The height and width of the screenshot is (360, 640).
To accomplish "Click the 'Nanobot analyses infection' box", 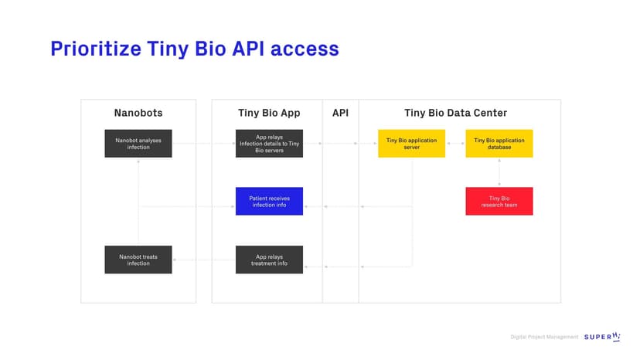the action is [x=138, y=143].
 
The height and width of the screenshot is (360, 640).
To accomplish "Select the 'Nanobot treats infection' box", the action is [x=138, y=260].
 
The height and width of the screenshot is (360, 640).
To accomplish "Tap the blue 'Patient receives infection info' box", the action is [x=270, y=201].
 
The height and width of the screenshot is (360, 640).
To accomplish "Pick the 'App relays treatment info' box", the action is [x=270, y=260].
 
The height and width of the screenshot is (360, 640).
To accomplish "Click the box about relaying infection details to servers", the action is [x=270, y=143].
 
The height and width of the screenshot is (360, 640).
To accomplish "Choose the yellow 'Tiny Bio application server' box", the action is [x=411, y=143].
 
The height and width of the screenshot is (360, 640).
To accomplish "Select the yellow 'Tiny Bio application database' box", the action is [x=499, y=143].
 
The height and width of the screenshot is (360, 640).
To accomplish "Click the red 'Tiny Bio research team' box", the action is [x=499, y=201].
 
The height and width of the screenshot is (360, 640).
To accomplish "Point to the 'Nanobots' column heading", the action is [x=138, y=113].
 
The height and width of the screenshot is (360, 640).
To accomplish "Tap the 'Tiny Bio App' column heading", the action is [x=270, y=113].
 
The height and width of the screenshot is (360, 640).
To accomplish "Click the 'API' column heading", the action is [x=340, y=113].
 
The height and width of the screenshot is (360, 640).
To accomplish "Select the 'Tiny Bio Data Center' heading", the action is [x=455, y=113].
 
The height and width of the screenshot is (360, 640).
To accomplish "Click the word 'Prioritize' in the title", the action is [x=96, y=49].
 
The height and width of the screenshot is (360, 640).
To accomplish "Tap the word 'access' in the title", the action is [x=305, y=49].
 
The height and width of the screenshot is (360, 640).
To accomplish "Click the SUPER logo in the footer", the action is [x=602, y=337].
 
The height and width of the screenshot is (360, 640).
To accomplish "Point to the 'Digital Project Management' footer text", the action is [x=544, y=337].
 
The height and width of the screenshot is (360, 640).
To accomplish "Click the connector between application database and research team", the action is [x=499, y=172].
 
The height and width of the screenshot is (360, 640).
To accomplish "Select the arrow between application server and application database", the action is [x=455, y=143].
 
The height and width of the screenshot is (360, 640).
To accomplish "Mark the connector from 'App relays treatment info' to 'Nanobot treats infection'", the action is [x=204, y=260].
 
